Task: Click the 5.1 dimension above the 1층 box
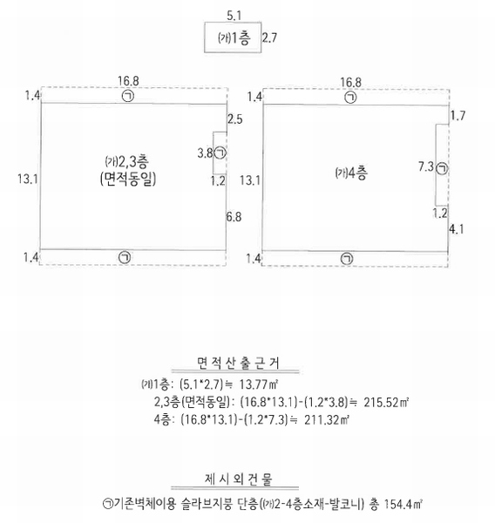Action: pyautogui.click(x=234, y=16)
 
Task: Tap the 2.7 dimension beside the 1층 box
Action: pyautogui.click(x=269, y=37)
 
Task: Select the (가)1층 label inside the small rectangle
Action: pyautogui.click(x=234, y=38)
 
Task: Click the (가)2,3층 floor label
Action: pyautogui.click(x=126, y=161)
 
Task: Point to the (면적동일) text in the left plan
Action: pyautogui.click(x=128, y=179)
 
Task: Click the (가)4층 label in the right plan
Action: pyautogui.click(x=351, y=173)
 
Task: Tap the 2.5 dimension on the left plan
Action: pyautogui.click(x=235, y=119)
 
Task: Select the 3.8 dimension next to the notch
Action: pyautogui.click(x=205, y=153)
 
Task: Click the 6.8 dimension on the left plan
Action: pyautogui.click(x=234, y=217)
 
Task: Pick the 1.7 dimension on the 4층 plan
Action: pyautogui.click(x=458, y=116)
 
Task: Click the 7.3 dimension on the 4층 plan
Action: pyautogui.click(x=426, y=166)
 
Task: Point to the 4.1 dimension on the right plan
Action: pyautogui.click(x=457, y=229)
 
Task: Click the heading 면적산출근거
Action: pyautogui.click(x=238, y=363)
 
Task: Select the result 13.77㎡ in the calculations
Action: pyautogui.click(x=259, y=384)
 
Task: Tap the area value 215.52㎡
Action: pyautogui.click(x=386, y=402)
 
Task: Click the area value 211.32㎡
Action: pyautogui.click(x=327, y=419)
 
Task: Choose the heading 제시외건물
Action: pyautogui.click(x=238, y=479)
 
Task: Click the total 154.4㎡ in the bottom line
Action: pyautogui.click(x=403, y=504)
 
